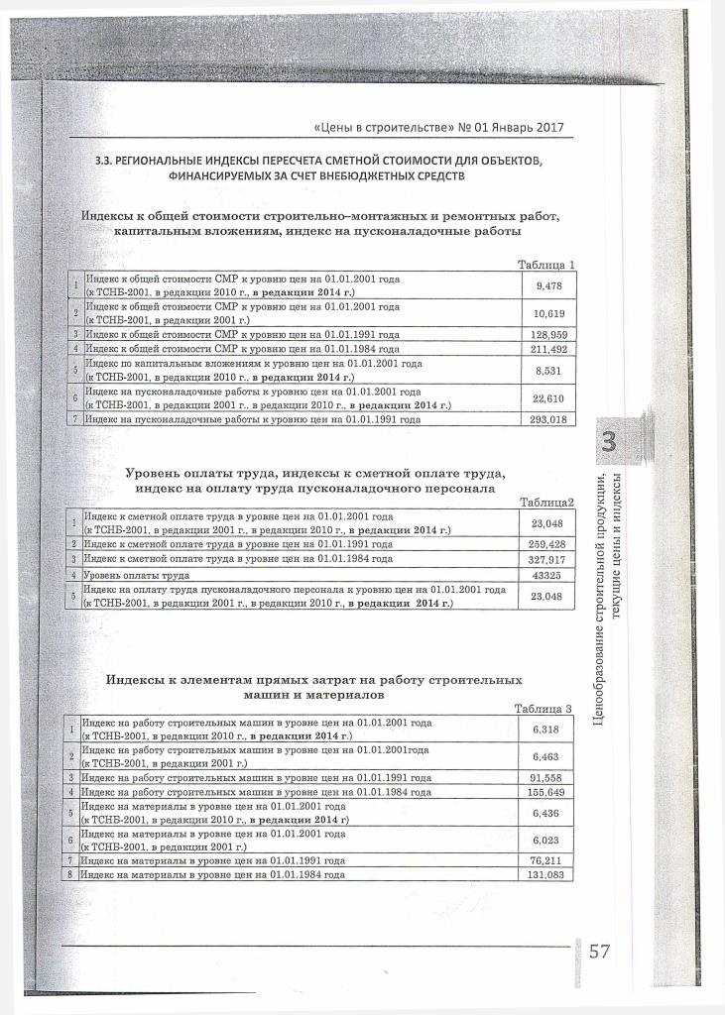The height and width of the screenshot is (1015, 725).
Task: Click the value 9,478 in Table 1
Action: [547, 286]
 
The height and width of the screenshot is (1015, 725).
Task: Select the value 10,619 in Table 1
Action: [547, 314]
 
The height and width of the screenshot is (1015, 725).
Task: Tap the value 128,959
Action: [547, 335]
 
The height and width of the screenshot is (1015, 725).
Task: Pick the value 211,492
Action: [547, 349]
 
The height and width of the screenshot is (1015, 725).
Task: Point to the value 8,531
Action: [547, 371]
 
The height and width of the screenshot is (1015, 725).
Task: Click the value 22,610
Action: [547, 398]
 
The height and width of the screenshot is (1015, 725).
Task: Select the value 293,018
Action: [547, 420]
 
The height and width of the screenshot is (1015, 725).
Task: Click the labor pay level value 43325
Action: [547, 575]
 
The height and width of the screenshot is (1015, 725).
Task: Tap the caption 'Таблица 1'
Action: [545, 265]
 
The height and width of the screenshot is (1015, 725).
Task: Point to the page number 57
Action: [599, 954]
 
